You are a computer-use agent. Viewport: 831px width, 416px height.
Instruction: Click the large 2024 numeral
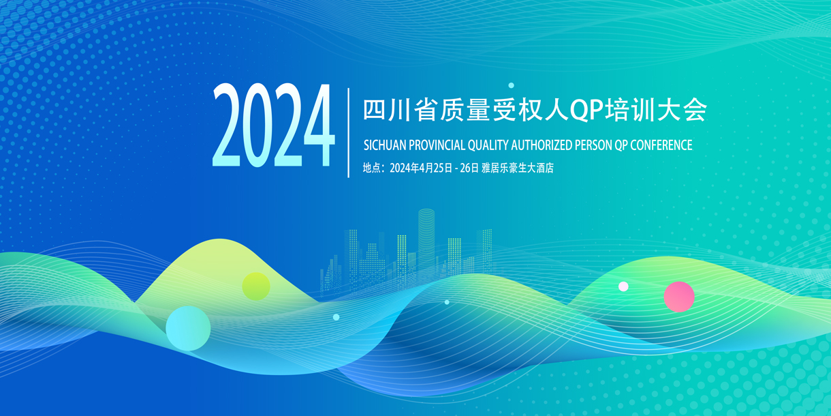point(274,125)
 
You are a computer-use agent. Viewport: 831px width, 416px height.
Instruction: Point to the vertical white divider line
point(348,132)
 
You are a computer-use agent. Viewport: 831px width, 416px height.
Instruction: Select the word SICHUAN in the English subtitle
point(385,145)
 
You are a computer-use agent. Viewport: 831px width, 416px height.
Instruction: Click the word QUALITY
point(488,145)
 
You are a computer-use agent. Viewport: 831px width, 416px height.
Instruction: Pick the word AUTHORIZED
point(542,145)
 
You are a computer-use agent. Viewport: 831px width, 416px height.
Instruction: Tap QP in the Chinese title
point(586,110)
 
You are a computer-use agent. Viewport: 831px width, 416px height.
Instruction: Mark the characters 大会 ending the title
point(682,110)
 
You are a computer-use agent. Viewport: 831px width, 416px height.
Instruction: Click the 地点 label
point(371,168)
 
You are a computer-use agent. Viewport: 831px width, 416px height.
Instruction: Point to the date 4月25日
point(435,168)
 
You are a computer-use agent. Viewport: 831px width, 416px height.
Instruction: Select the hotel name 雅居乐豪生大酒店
point(518,168)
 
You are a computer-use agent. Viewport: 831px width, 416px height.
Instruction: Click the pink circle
point(679,297)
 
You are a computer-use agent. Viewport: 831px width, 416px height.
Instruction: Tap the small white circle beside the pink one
point(624,286)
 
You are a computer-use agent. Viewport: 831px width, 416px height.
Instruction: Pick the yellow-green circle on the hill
point(256,286)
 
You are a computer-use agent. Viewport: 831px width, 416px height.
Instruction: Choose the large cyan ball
point(188,328)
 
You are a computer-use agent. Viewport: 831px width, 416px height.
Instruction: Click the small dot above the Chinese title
point(512,85)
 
